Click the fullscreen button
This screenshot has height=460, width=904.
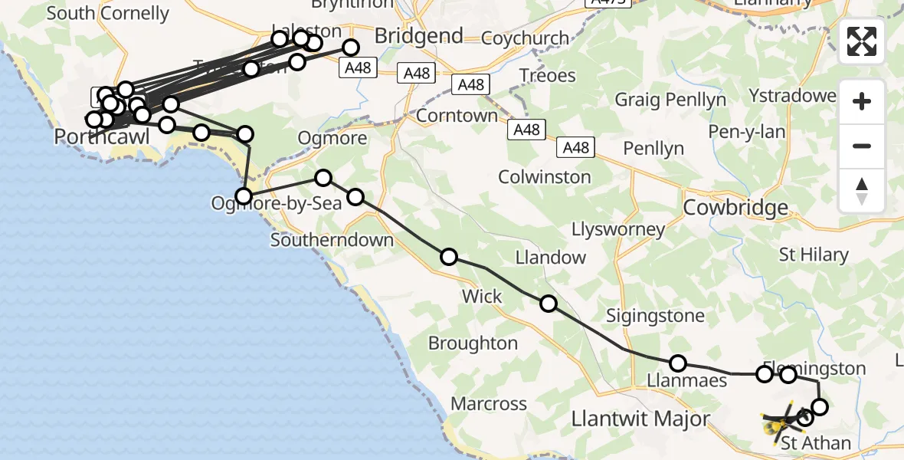tap(862, 41)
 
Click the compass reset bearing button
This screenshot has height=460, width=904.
tap(862, 190)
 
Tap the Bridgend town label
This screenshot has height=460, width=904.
tap(418, 36)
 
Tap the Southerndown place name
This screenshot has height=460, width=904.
tap(332, 240)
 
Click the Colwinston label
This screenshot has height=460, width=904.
tap(545, 177)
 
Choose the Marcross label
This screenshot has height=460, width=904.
tap(489, 403)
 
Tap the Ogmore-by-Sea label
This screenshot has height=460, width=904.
tap(266, 205)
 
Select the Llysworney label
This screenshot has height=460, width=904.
tap(618, 229)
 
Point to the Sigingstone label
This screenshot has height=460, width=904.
tap(655, 315)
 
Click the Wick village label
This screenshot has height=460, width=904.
tap(482, 296)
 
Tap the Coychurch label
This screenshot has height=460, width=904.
tap(526, 38)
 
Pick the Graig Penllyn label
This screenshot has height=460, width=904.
tap(670, 100)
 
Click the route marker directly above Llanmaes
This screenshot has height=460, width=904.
tap(678, 363)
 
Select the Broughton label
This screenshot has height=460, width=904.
tap(473, 343)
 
